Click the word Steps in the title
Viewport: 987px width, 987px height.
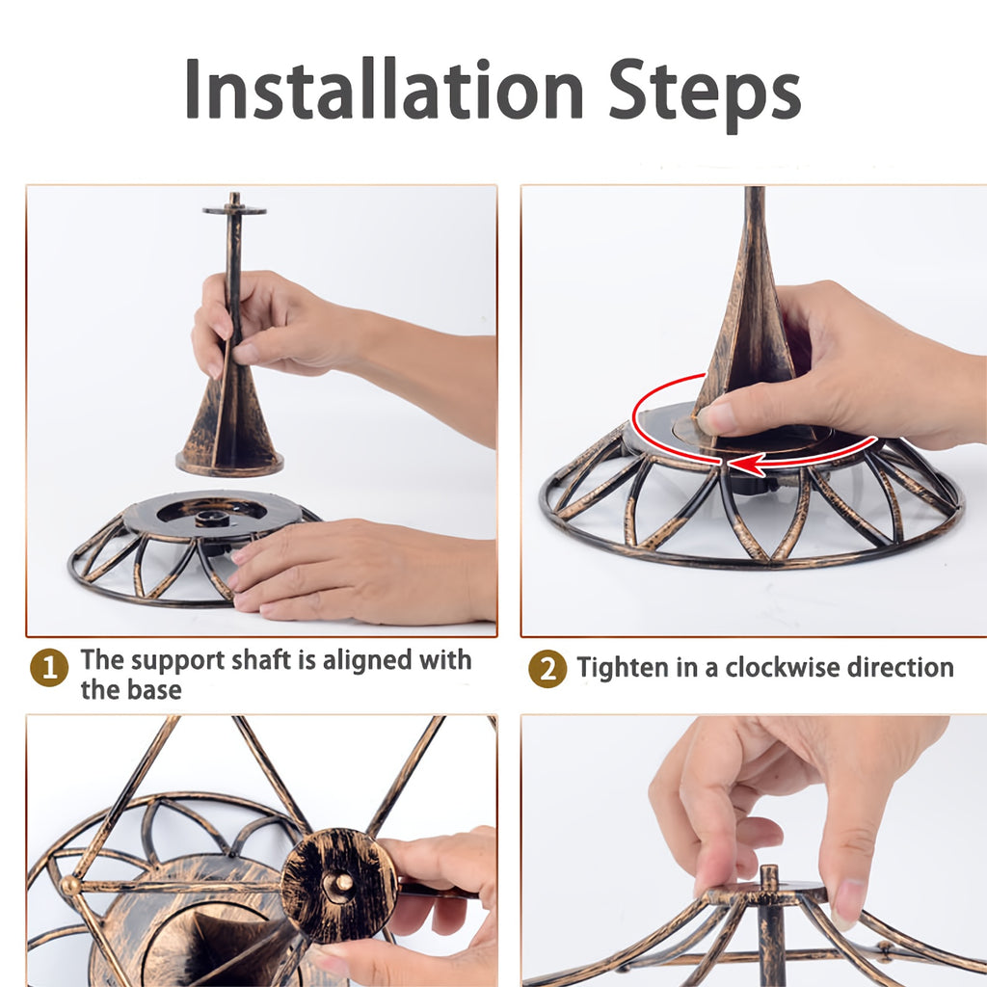point(705,94)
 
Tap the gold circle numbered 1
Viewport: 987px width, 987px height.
point(49,667)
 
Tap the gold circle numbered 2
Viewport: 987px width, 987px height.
point(547,669)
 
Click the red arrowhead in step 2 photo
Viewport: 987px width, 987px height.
point(746,465)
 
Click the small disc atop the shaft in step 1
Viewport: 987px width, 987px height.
point(234,209)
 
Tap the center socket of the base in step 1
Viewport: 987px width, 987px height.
point(208,519)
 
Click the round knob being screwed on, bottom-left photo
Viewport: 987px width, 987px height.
point(338,885)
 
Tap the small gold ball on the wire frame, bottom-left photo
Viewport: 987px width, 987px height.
point(71,886)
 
